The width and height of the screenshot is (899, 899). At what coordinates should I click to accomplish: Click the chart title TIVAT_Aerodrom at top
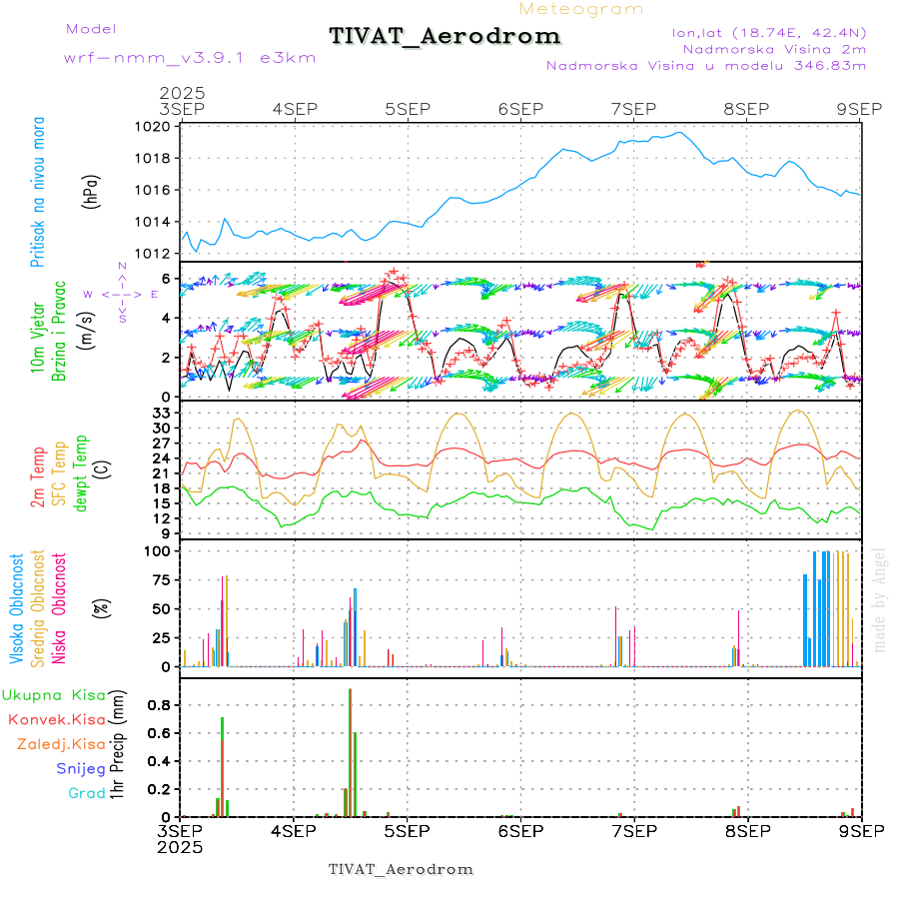click(445, 36)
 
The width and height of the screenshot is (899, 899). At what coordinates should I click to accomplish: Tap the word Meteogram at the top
click(581, 9)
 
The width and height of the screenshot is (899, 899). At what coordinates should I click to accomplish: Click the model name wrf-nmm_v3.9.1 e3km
click(190, 57)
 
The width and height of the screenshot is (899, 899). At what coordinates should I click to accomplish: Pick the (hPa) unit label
click(91, 191)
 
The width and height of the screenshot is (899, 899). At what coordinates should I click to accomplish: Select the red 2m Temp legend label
click(38, 477)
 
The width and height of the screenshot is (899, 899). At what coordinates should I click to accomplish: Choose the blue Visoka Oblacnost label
click(17, 608)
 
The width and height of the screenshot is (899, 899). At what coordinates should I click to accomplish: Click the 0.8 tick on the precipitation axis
click(158, 704)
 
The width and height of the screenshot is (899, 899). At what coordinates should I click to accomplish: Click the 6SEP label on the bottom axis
click(518, 830)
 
